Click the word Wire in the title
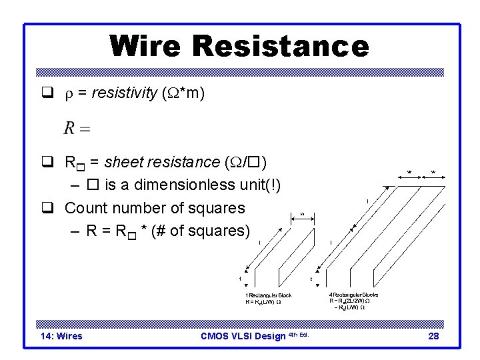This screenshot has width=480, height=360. [x=147, y=46]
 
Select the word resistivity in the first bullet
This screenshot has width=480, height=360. [x=123, y=95]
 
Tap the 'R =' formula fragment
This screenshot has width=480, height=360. [x=77, y=128]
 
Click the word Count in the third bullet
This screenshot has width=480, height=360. [x=85, y=208]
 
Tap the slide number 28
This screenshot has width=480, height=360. [x=433, y=336]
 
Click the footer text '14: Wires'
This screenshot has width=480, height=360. [x=61, y=336]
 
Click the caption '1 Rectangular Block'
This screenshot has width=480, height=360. [x=268, y=295]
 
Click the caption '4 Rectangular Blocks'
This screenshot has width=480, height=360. [x=353, y=294]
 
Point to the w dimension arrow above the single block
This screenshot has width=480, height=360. [x=301, y=214]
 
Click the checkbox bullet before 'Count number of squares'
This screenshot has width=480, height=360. [x=49, y=208]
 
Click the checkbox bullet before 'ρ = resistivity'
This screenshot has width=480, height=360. [x=49, y=95]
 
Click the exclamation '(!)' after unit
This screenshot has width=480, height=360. [x=271, y=185]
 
